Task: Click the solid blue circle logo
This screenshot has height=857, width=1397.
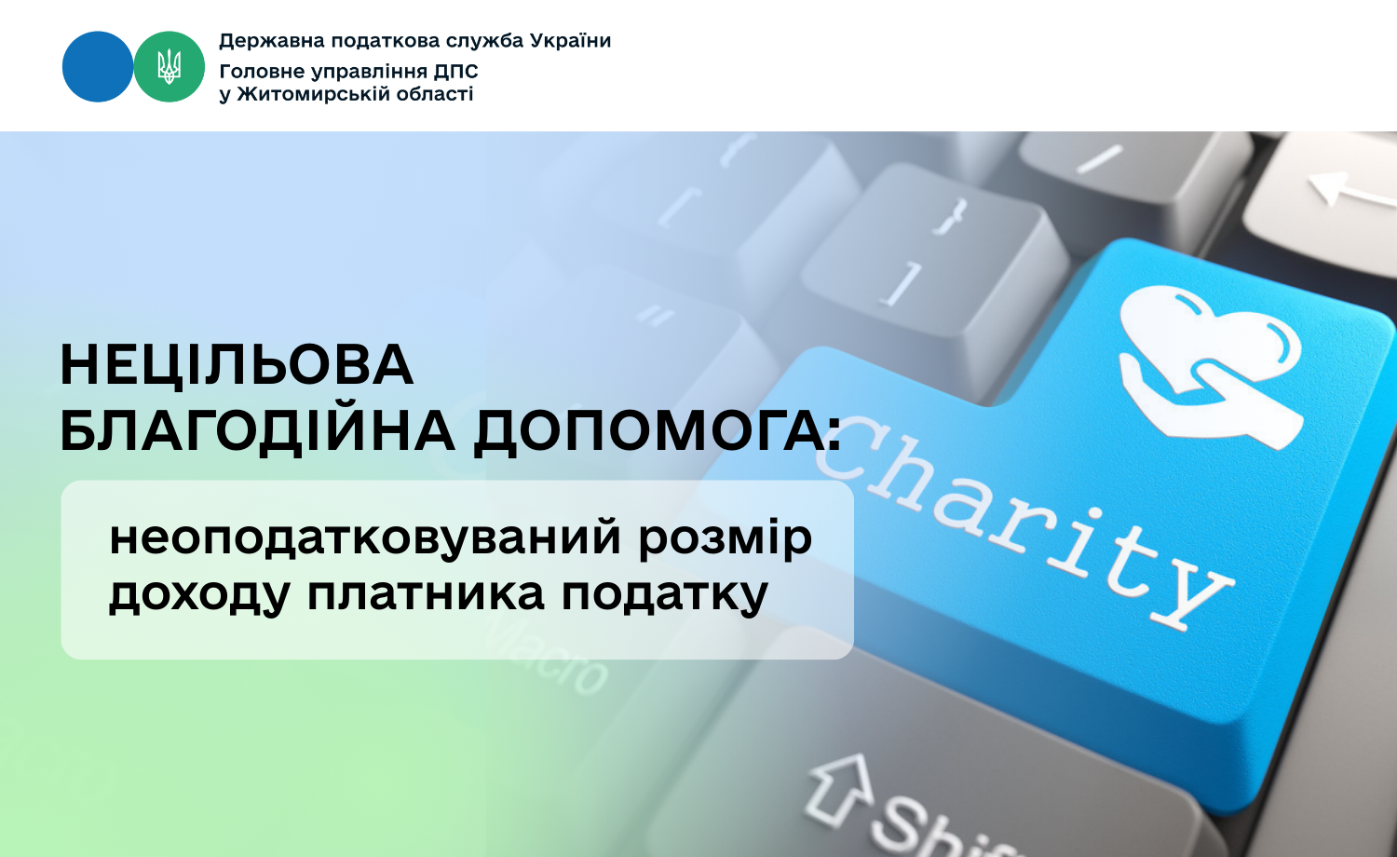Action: point(98,67)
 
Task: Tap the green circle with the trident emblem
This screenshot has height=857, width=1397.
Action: point(169,67)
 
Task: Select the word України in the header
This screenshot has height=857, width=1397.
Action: point(570,41)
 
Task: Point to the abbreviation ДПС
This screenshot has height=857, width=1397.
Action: point(455,72)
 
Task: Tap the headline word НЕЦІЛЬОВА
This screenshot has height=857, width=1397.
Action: point(237,365)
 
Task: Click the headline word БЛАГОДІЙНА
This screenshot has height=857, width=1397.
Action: point(257,431)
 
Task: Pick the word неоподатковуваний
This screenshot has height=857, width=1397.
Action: point(364,537)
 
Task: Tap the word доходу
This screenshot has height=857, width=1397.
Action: point(199,595)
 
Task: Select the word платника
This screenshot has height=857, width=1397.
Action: point(426,593)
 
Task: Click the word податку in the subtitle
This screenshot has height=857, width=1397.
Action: point(665,595)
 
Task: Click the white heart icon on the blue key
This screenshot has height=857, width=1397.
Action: point(1211,365)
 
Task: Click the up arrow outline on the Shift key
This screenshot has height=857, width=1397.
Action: point(839,792)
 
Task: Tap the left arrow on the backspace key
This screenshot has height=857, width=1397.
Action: point(1350,189)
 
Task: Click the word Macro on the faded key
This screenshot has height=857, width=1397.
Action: point(546,655)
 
